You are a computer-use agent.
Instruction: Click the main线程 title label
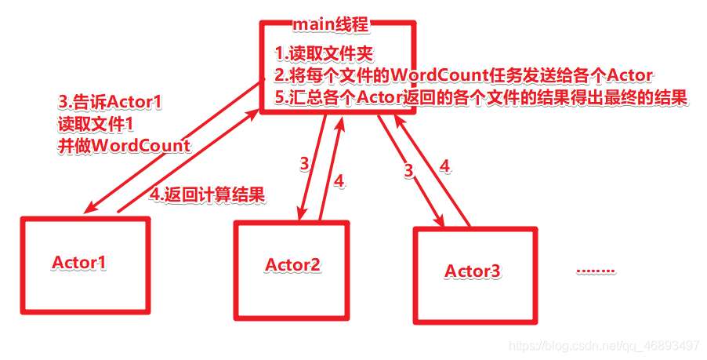330,24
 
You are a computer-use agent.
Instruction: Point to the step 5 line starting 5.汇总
481,98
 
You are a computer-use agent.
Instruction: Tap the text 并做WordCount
124,146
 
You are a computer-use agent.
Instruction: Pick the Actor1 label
79,262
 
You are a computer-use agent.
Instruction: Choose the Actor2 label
292,265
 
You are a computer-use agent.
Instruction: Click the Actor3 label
473,271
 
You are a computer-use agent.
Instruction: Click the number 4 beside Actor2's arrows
339,180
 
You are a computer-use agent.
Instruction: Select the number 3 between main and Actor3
408,170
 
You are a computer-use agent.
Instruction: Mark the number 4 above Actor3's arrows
445,165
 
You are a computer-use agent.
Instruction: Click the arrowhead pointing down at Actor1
89,209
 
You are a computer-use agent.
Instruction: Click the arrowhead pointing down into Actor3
441,223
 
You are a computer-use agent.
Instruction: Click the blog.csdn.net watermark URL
604,346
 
